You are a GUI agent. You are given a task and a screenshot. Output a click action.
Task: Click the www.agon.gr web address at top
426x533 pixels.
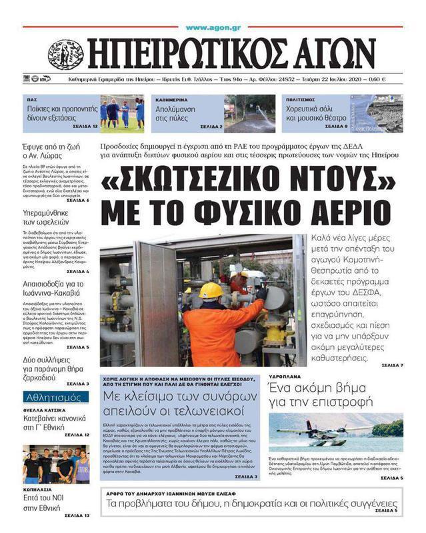click(x=213, y=28)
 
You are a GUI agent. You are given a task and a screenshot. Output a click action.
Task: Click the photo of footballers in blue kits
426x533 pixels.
click(x=122, y=113)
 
